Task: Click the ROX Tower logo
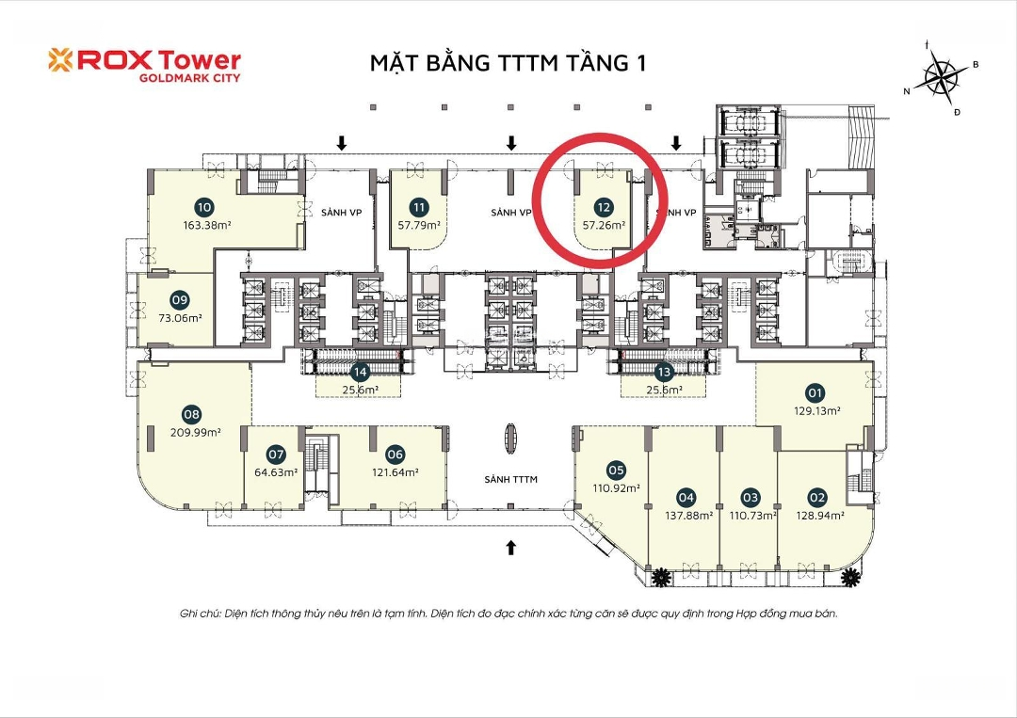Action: [144, 66]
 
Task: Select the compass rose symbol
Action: [941, 75]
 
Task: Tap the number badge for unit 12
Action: [604, 207]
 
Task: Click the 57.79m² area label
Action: [419, 226]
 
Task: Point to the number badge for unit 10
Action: [204, 207]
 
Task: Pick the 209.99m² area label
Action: [195, 432]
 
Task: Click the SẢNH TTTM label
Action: [511, 480]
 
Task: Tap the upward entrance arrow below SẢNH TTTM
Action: [511, 548]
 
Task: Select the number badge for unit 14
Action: [360, 373]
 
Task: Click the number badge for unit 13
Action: [663, 373]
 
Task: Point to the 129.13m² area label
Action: [817, 411]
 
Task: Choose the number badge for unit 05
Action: [616, 471]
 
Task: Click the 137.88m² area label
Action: [688, 516]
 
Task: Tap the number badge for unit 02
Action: [817, 498]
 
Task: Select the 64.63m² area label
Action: [276, 472]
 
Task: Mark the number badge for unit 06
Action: [395, 455]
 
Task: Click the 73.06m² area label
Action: [180, 318]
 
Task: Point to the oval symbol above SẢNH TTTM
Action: [511, 440]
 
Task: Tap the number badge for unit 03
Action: [751, 498]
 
